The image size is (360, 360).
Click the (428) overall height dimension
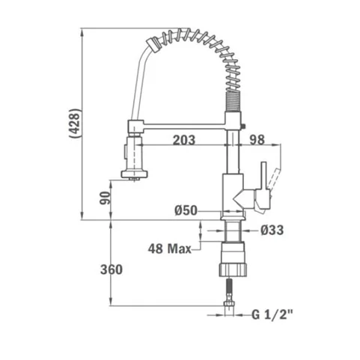pos(75,123)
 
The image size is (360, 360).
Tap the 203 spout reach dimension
pos(184,140)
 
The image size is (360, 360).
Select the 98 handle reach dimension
pos(257,140)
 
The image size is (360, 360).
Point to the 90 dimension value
pos(105,198)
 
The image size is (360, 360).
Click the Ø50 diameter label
pos(186,210)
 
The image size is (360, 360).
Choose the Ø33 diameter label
pos(272,230)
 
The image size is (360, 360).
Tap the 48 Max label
pos(170,248)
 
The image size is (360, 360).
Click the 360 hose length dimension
pos(112,269)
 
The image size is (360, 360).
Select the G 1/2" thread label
pos(272,315)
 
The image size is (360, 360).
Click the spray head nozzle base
pos(134,174)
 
